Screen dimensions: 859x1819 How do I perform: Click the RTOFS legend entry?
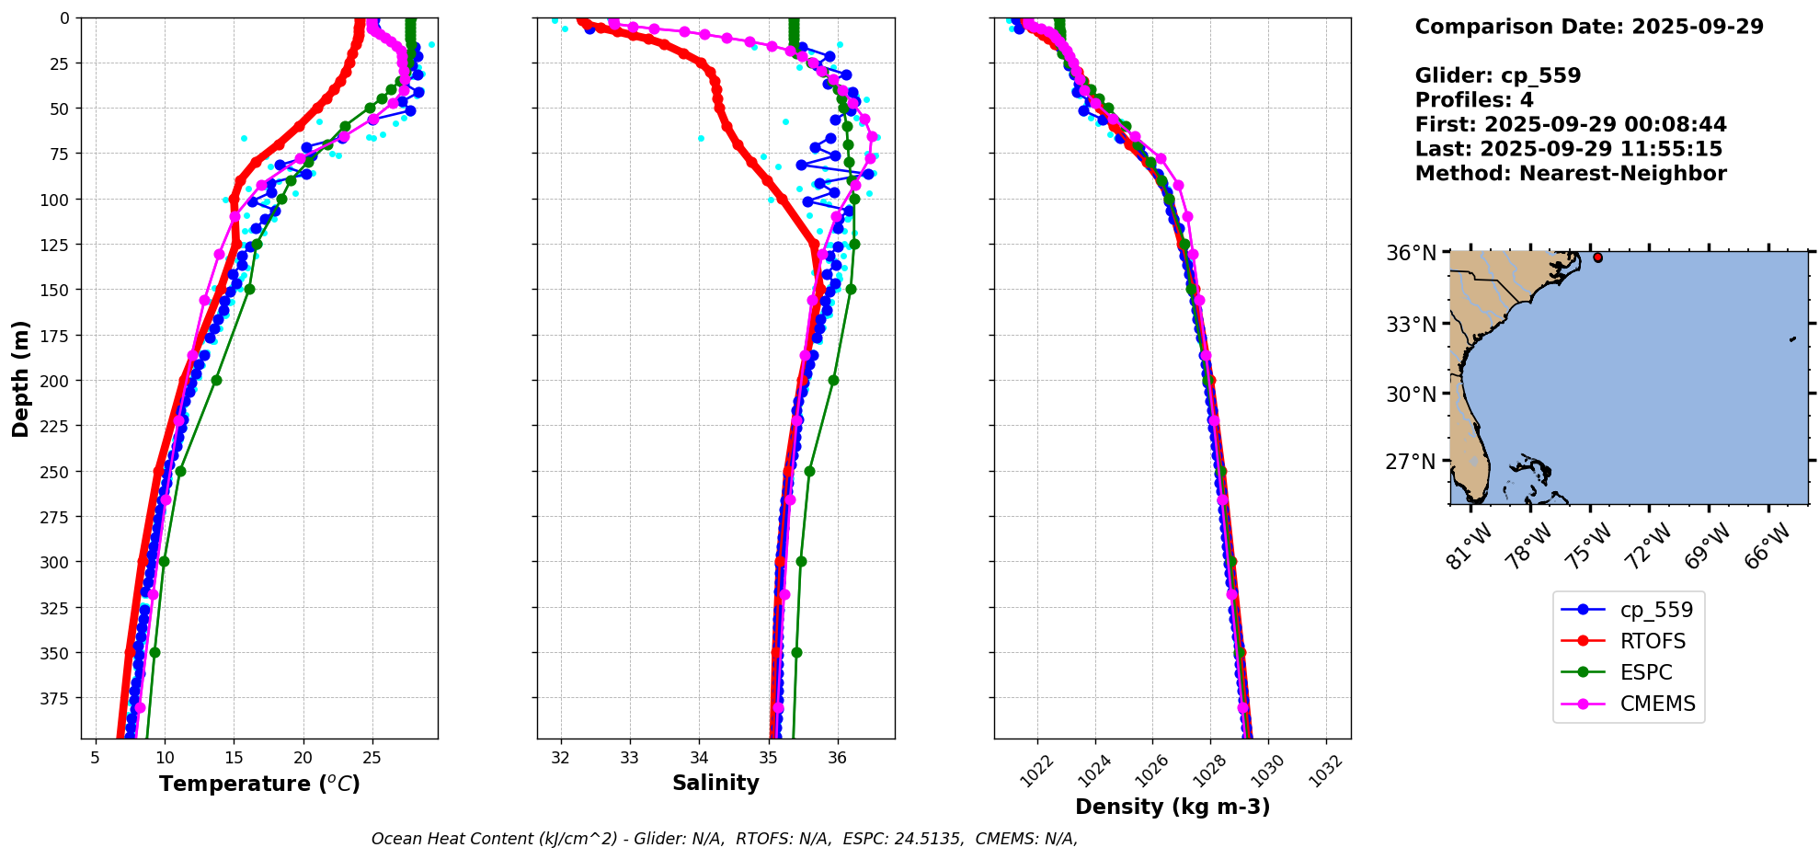point(1652,641)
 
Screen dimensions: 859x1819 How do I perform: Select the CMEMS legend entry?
point(1657,704)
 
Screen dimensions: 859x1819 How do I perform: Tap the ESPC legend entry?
point(1645,672)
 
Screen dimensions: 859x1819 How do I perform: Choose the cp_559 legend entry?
point(1655,610)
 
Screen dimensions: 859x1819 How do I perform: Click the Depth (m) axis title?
point(20,378)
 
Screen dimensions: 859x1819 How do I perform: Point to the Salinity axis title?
point(715,783)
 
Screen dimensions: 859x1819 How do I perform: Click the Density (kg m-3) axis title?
point(1173,807)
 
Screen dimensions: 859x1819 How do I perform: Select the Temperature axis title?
point(259,784)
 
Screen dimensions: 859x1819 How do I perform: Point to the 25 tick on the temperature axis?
point(372,758)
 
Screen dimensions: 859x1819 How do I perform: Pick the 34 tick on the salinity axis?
point(699,758)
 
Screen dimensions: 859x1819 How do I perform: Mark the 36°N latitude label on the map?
point(1411,253)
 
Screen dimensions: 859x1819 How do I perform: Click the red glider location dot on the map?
point(1597,258)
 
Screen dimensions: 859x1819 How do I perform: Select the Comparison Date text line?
point(1589,27)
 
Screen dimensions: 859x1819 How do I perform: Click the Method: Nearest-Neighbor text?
point(1571,174)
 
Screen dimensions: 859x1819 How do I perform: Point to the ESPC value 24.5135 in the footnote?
point(927,839)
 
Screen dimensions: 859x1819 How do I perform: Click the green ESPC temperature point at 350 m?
point(154,652)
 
